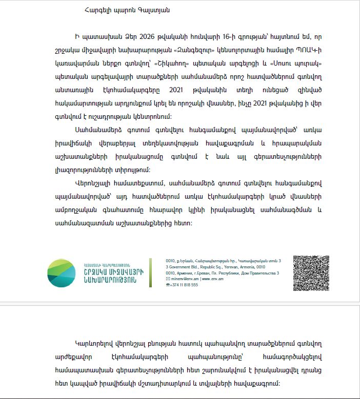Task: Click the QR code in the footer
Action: coord(310,273)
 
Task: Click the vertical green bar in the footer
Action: coord(150,273)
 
